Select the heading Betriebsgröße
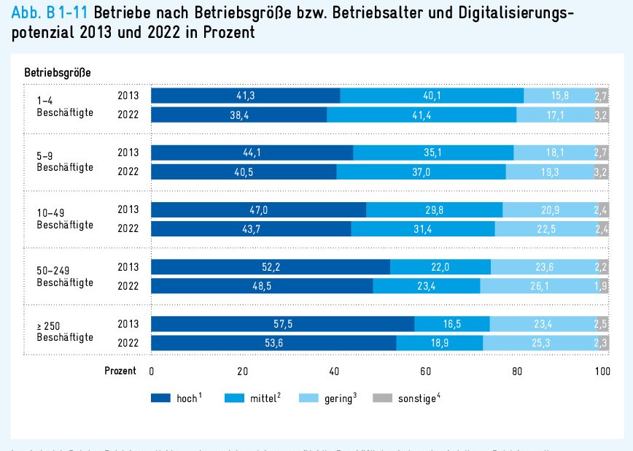pos(58,72)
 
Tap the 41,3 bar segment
pos(245,96)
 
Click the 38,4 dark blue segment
pos(238,115)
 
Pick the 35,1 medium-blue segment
pos(433,153)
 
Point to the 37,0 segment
pos(421,172)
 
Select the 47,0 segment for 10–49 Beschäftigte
pos(258,210)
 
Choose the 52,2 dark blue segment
pos(270,267)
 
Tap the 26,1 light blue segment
pos(539,286)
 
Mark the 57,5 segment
pos(282,324)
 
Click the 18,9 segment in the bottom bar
pos(439,343)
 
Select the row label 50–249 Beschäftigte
pos(64,276)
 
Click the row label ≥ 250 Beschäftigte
pos(64,332)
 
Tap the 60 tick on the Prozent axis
pos(425,371)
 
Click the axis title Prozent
pos(120,371)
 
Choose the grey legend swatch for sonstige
pos(381,398)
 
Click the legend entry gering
pos(339,398)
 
